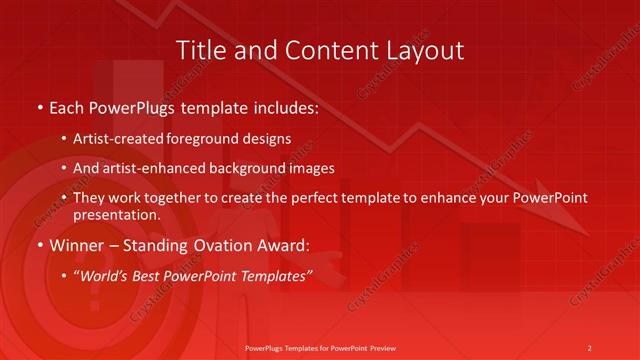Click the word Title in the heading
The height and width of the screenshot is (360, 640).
click(200, 50)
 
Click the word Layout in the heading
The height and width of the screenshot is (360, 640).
click(425, 50)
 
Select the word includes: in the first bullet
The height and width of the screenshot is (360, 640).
click(282, 105)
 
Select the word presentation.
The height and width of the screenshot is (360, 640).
click(116, 215)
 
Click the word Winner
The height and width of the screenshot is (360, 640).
click(79, 245)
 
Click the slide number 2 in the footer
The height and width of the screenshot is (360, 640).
click(590, 347)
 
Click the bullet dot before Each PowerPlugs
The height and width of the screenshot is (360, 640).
click(39, 105)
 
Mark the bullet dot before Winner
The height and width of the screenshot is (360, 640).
click(39, 245)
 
